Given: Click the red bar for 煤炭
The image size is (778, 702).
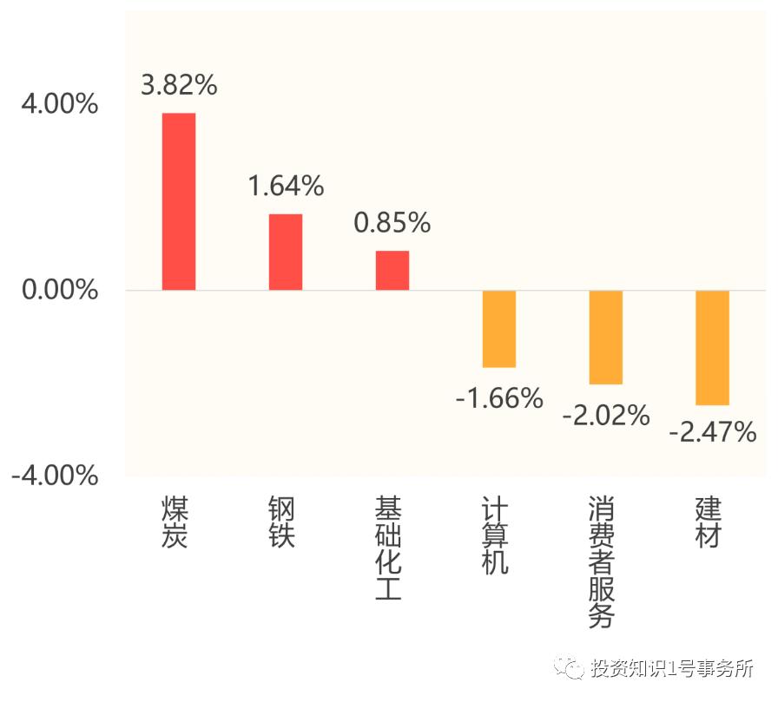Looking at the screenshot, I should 179,201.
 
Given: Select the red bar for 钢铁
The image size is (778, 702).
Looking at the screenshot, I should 286,252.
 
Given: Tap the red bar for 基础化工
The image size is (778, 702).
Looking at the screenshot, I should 392,270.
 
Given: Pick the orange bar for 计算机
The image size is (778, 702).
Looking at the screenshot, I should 499,329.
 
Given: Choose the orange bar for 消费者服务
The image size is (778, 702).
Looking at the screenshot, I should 606,337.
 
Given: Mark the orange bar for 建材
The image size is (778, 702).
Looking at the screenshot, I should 713,347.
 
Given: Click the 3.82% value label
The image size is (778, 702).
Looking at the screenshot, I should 179,85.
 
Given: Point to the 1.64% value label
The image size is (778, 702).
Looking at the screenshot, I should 286,186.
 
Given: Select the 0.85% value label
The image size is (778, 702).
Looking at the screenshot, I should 392,223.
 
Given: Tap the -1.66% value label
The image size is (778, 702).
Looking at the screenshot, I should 499,398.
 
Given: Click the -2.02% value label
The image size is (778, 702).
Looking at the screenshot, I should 606,415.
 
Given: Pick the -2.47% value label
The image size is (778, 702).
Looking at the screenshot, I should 713,431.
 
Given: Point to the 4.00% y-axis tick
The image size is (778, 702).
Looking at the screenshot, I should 60,104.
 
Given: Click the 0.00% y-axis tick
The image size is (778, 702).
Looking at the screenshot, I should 60,290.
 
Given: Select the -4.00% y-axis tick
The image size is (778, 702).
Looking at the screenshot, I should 55,476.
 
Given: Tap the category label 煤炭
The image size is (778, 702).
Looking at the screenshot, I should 175,522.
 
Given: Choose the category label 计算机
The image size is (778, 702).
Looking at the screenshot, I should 495,535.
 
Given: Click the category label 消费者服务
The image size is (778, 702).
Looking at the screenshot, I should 602,561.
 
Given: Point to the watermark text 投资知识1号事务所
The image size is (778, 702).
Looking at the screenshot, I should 673,668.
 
